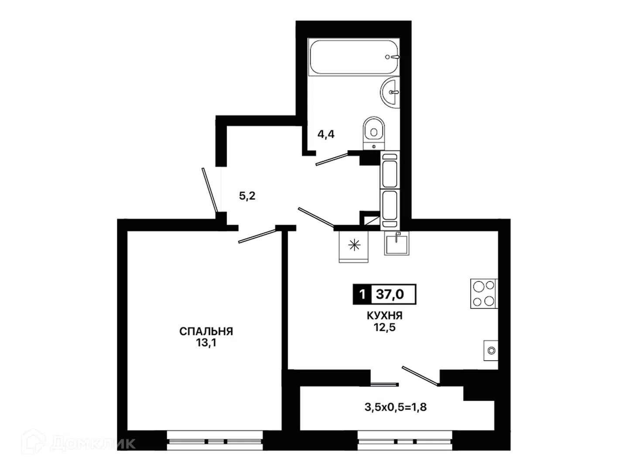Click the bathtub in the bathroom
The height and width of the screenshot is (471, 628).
coord(354,57)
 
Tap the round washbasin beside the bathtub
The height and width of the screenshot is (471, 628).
coord(390,92)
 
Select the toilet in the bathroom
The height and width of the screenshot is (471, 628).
coord(374,133)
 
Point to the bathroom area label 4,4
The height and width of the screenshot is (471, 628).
coord(326,134)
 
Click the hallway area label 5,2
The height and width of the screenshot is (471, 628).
coord(247,196)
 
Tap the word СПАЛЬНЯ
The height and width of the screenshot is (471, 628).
coord(206,331)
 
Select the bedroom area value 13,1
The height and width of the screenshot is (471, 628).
coord(206,343)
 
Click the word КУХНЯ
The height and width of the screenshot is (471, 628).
coord(385,316)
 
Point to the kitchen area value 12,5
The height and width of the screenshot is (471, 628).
coord(385,327)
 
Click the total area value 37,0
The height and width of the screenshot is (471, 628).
coord(390,294)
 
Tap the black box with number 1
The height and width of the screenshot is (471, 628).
coord(362,294)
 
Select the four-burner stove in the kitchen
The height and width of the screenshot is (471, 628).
coord(484,294)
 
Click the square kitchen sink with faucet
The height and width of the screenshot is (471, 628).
coord(396,243)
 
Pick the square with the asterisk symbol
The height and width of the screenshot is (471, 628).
coord(354,246)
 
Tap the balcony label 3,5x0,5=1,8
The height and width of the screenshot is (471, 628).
coord(396,407)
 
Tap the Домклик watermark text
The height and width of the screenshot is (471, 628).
coord(94,444)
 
